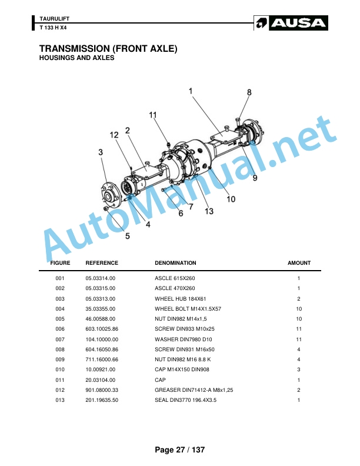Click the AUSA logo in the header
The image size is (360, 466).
pos(291,23)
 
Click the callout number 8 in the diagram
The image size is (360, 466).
pos(249,92)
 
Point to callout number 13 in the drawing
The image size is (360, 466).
pos(209,211)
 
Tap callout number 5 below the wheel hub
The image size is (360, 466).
pos(128,236)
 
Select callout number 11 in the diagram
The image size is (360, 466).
pos(153,115)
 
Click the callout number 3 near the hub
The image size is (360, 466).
pos(101,152)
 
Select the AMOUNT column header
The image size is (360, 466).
pos(299,263)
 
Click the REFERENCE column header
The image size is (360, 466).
pos(102,263)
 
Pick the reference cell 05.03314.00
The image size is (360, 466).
pos(101,278)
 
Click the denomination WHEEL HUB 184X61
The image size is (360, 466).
pos(181,299)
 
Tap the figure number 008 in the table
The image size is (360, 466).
pos(60,349)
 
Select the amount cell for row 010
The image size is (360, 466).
pos(298,370)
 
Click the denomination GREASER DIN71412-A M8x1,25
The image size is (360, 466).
pos(194,390)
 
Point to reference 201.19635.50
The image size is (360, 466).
pos(102,400)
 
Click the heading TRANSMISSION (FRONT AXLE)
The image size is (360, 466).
pos(108,48)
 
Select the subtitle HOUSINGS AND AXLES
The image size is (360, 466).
pos(76,58)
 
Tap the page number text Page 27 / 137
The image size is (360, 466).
pos(179,450)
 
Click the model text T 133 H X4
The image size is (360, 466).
pos(53,28)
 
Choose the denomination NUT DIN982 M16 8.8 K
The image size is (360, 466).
pos(183,360)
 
